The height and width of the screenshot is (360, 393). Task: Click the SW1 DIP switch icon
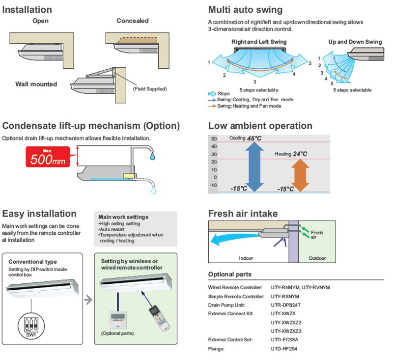click(x=31, y=325)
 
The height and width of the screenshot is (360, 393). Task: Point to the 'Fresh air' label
click(x=317, y=234)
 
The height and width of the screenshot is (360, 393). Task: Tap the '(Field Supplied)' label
click(x=150, y=89)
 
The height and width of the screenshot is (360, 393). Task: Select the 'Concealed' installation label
click(x=133, y=21)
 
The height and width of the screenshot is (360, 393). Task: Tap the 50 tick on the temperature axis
click(x=214, y=139)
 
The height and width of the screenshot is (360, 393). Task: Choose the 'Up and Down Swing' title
click(x=355, y=42)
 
